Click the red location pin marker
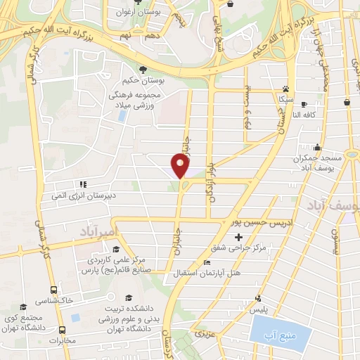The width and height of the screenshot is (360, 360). [180, 166]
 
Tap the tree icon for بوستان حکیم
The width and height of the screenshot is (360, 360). [143, 70]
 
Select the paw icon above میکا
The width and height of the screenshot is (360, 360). [285, 89]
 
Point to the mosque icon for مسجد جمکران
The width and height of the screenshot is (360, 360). [318, 148]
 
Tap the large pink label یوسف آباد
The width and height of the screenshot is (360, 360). [333, 204]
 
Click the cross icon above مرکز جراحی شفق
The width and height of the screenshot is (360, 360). [238, 236]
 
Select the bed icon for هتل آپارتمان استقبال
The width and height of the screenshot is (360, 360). [206, 263]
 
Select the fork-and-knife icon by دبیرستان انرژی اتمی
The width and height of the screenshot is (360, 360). [83, 185]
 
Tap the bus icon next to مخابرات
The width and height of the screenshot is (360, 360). [63, 329]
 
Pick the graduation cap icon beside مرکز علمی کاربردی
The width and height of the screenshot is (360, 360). [115, 250]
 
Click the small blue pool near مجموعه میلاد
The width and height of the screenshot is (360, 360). [123, 115]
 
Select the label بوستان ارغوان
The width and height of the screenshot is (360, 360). [155, 12]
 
